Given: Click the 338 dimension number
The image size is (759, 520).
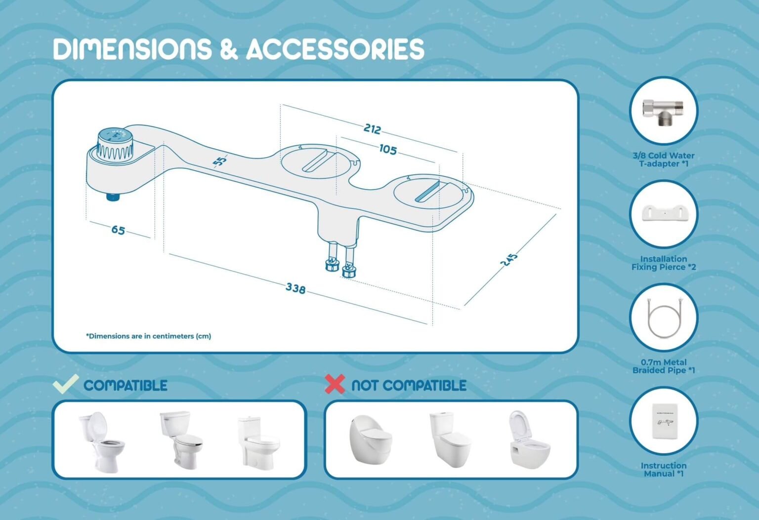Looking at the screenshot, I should tap(295, 288).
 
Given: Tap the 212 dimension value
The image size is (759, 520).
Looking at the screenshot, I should tap(372, 129).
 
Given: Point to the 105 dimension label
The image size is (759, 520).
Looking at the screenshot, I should tap(388, 149).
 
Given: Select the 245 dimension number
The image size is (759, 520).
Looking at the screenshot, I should tap(509, 260).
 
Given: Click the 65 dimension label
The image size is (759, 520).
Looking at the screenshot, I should tap(118, 230).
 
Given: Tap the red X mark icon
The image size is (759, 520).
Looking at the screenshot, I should tap(335, 384).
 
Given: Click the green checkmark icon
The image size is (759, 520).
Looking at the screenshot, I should tap(66, 384).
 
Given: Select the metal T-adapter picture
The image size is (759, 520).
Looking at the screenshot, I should tap(663, 111).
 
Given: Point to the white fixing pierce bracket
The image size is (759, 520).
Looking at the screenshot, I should tap(663, 213).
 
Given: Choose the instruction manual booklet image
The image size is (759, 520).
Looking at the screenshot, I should tap(663, 420).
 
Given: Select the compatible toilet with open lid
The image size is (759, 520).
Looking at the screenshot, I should tap(101, 441).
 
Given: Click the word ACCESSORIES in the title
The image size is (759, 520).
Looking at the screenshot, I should tap(335, 49).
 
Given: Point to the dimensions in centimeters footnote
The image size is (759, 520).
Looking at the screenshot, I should tap(148, 336).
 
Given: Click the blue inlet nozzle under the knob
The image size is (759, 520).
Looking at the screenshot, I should tap(113, 197).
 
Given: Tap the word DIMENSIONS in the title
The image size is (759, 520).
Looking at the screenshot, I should tap(132, 49).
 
